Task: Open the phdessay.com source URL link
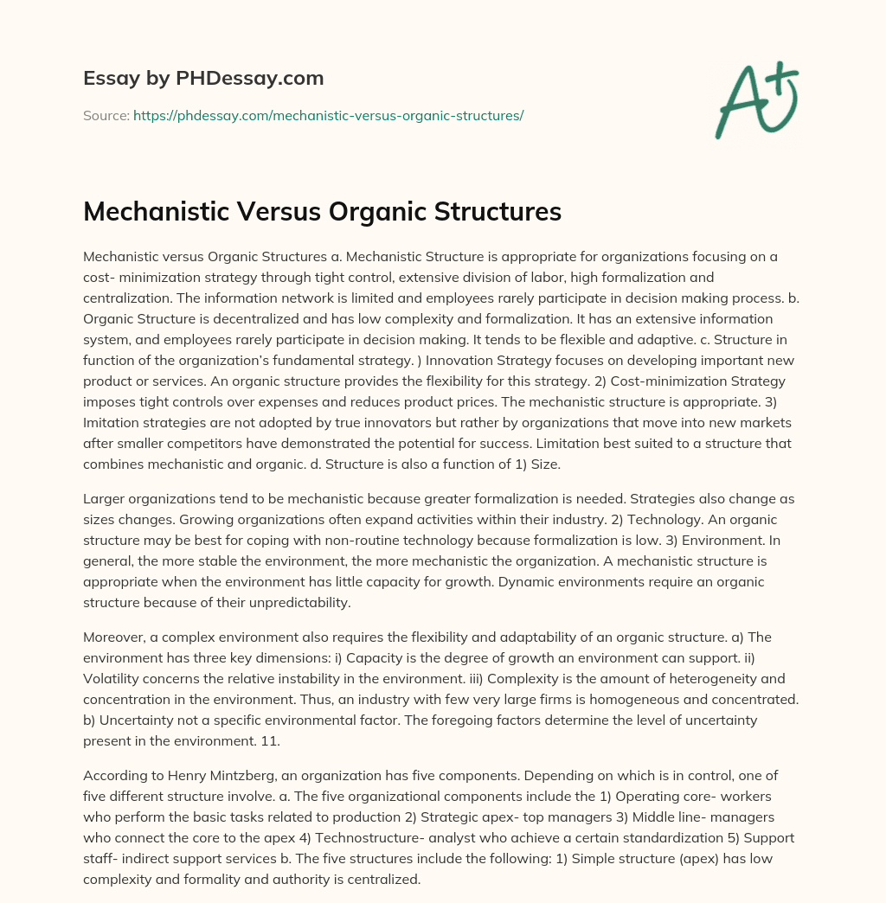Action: [328, 114]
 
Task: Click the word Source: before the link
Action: [106, 114]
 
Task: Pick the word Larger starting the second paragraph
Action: [105, 499]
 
